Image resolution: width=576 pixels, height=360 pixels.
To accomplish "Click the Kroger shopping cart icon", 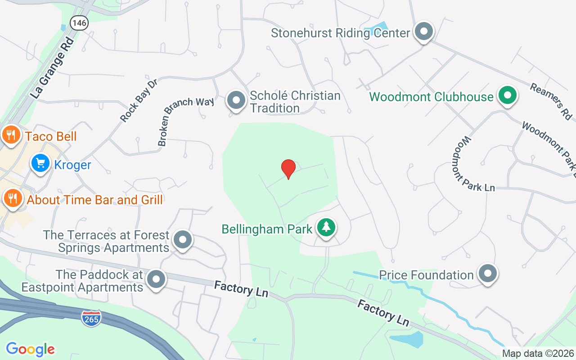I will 40,164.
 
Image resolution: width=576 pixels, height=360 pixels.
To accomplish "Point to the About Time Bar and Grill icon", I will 12,198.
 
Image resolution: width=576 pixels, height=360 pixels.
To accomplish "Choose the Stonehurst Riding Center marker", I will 423,31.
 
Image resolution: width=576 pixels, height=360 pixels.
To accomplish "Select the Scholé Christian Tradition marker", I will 236,100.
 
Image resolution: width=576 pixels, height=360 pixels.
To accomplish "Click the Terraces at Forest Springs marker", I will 183,240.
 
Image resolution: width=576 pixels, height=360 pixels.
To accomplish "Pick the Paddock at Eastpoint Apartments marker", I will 156,279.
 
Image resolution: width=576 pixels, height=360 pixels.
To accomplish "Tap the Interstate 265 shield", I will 91,318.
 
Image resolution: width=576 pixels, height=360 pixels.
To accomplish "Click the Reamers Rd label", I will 550,101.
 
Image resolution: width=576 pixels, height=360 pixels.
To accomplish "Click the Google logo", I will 30,349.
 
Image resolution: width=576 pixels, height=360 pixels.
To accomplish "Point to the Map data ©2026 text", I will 538,353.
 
